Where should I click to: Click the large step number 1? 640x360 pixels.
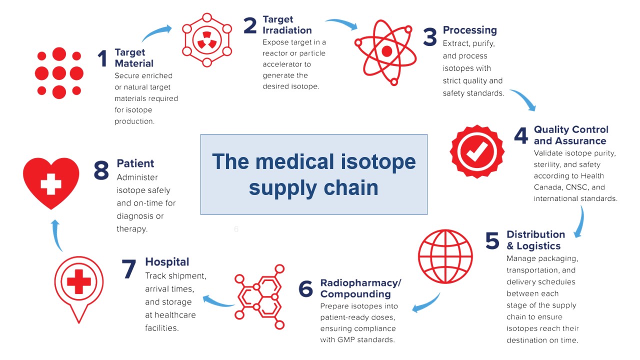pyautogui.click(x=102, y=59)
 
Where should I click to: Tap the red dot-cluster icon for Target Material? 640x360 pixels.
pyautogui.click(x=58, y=73)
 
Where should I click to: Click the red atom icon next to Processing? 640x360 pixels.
pyautogui.click(x=386, y=51)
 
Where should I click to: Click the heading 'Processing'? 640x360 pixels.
pyautogui.click(x=469, y=30)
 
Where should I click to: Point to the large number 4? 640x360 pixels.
pyautogui.click(x=521, y=135)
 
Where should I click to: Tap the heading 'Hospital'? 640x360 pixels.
pyautogui.click(x=167, y=262)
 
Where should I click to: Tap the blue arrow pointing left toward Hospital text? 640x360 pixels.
pyautogui.click(x=218, y=301)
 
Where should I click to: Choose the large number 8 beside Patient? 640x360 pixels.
pyautogui.click(x=101, y=170)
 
